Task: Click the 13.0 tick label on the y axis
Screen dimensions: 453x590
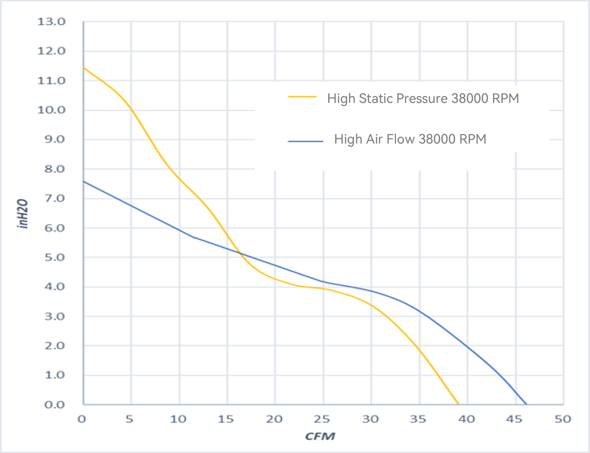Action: click(51, 22)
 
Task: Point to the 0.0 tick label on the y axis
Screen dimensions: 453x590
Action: click(54, 405)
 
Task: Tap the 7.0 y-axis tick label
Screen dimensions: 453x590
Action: click(54, 199)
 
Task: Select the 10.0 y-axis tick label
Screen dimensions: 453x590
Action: click(51, 110)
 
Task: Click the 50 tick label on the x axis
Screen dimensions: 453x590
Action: click(563, 419)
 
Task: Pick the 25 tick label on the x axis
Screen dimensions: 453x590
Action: click(322, 419)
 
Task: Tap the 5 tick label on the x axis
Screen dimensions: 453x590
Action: click(129, 419)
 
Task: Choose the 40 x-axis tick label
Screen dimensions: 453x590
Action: click(466, 419)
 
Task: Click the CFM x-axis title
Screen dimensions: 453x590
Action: click(320, 436)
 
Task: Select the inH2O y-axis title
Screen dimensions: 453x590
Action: click(23, 213)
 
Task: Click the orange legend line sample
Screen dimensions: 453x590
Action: click(302, 97)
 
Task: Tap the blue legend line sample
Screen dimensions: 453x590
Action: click(305, 141)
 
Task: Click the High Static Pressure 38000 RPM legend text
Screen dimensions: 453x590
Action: click(423, 98)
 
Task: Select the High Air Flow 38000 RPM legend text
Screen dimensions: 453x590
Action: click(410, 139)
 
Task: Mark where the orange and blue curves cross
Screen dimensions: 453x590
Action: click(240, 253)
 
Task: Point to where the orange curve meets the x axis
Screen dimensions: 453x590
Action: click(458, 404)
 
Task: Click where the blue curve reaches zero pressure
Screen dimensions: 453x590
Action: click(526, 404)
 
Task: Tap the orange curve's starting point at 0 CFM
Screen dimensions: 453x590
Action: click(84, 67)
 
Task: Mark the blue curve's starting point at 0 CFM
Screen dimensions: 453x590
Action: click(84, 181)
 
